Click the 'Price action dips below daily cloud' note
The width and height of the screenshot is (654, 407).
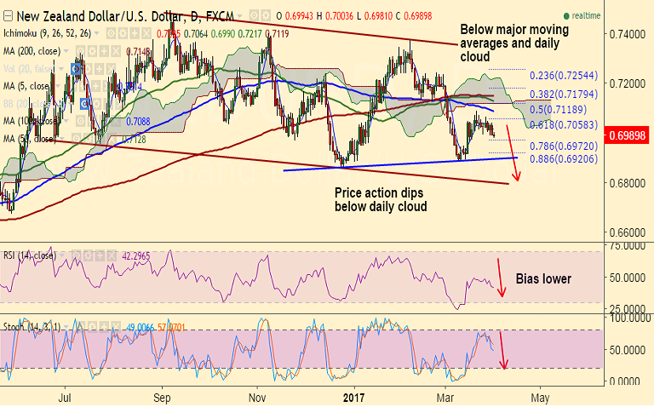tap(380, 199)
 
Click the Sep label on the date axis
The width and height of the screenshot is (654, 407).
tap(163, 396)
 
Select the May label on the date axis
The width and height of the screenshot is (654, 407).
tap(540, 396)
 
